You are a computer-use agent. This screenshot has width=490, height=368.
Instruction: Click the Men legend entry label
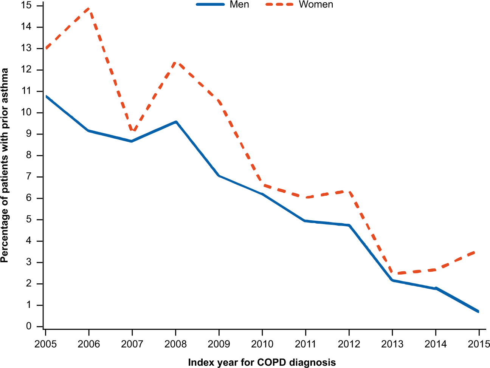pos(239,5)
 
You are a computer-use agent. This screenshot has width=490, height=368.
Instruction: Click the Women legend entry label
pos(316,5)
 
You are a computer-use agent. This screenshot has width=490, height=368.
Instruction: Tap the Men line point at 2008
pos(176,122)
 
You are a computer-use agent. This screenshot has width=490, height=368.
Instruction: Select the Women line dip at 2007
pos(132,131)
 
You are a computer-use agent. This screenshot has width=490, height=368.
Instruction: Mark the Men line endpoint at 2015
pos(479,311)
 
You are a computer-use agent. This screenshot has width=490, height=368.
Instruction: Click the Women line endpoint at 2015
pos(479,251)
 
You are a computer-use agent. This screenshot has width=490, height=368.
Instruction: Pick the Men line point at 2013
pos(392,280)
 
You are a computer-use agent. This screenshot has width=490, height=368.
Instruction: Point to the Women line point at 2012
pos(349,192)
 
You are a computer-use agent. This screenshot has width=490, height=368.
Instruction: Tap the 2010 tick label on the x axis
pos(262,344)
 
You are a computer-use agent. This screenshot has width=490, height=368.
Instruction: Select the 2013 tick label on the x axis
pos(392,344)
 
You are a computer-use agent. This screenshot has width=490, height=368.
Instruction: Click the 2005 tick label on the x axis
pos(45,344)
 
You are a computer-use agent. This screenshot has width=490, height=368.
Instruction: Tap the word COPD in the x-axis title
pos(270,362)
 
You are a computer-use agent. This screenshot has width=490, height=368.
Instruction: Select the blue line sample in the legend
pos(210,5)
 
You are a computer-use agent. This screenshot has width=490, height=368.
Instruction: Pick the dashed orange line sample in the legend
pos(279,5)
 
